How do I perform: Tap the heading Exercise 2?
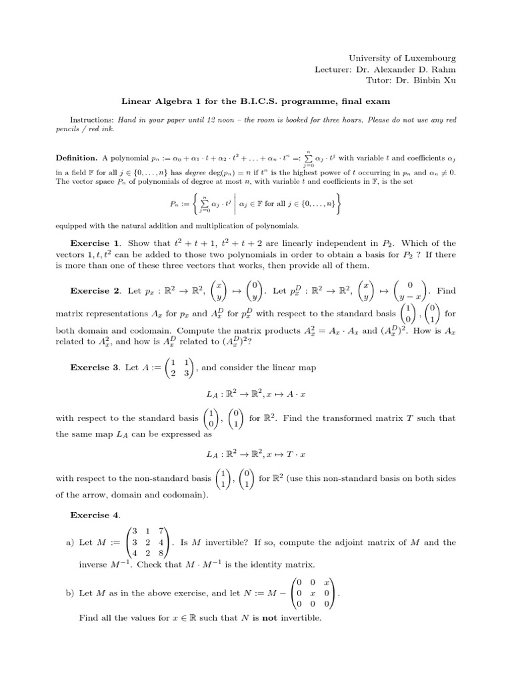tap(96, 291)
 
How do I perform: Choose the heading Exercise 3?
tap(96, 367)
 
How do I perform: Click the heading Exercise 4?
tap(96, 515)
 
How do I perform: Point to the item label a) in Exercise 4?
tap(71, 542)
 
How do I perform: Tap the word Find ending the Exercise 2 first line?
tap(447, 291)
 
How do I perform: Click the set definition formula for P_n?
tap(255, 202)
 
